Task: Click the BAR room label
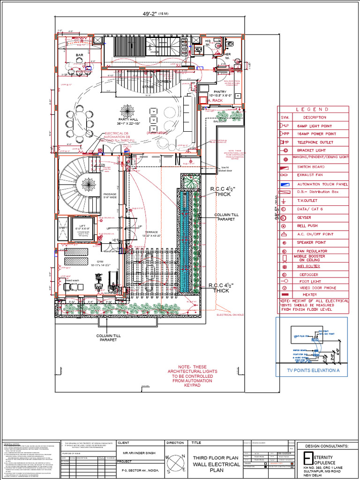tap(79, 55)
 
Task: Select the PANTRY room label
tap(220, 92)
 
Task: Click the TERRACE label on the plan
tap(151, 232)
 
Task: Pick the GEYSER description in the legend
tap(305, 217)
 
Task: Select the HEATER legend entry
tap(309, 295)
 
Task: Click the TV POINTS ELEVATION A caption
tap(311, 371)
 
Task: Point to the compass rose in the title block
tap(175, 459)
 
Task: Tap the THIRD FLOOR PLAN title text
tap(216, 457)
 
